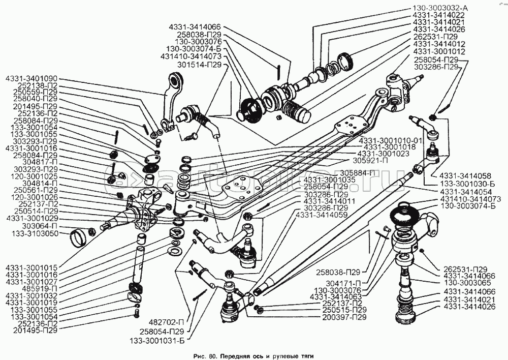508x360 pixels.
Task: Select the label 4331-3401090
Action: coord(31,79)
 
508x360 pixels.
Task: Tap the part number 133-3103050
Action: coord(31,233)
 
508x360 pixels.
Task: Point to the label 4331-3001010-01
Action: coord(390,139)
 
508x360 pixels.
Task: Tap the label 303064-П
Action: coord(36,225)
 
